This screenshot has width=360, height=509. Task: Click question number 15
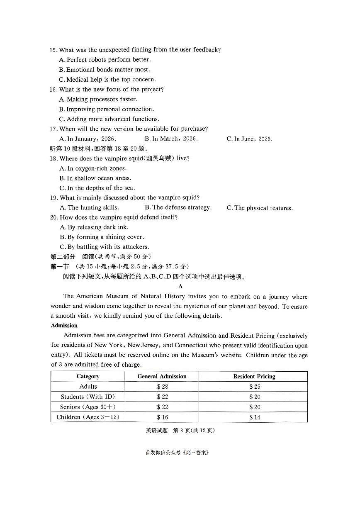53,50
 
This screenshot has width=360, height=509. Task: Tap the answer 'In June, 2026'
249,139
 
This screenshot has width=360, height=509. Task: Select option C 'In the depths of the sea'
97,188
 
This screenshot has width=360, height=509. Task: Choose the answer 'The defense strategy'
178,207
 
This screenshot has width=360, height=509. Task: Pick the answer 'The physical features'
260,208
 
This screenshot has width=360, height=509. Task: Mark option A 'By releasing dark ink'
94,227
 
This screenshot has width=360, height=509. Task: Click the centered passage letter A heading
180,286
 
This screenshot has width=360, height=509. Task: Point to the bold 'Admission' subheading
64,326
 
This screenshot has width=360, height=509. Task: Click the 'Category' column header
88,376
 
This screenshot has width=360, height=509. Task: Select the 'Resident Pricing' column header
254,376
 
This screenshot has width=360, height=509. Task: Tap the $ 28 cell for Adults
162,387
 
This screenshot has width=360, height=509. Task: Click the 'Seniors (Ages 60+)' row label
88,407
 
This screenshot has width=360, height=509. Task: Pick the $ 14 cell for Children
254,417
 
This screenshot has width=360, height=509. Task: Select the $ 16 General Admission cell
162,417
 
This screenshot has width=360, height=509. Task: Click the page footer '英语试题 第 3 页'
180,430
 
